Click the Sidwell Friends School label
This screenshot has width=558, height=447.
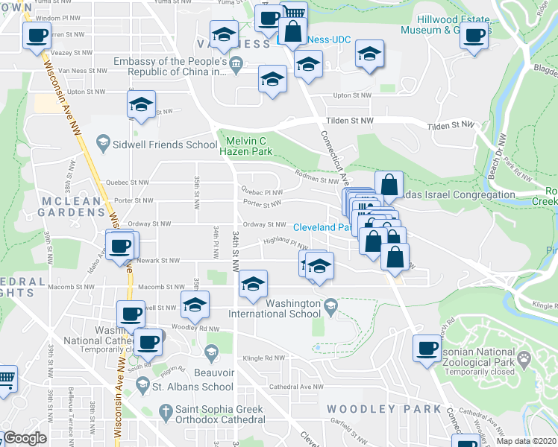tap(155, 143)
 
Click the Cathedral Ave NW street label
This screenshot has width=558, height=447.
tap(296, 387)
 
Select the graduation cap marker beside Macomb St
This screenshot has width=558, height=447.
tap(254, 285)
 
